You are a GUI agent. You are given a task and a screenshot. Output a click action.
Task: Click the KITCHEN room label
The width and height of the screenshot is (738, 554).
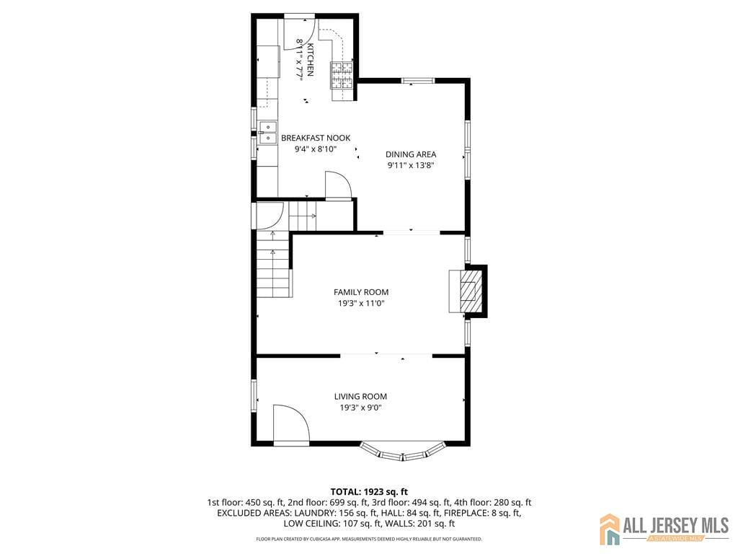click(311, 59)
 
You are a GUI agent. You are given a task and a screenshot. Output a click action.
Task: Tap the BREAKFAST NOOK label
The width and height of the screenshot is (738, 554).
click(316, 138)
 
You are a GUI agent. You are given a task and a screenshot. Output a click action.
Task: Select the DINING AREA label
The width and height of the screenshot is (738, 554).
click(411, 154)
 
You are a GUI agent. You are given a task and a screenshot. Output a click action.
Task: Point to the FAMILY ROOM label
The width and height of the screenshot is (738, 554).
click(361, 292)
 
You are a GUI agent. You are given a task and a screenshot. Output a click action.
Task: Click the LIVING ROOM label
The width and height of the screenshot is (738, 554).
click(360, 396)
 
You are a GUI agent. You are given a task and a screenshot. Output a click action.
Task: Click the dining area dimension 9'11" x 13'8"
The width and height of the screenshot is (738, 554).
click(411, 165)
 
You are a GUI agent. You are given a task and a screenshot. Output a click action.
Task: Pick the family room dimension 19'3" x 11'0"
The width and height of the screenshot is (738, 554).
click(361, 304)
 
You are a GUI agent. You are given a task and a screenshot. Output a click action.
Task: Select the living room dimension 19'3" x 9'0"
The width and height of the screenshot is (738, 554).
click(360, 408)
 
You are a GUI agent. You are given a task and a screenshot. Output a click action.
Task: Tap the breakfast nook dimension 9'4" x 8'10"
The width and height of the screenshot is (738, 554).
click(316, 149)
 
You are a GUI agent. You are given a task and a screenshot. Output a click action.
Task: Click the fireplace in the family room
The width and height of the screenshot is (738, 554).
click(468, 291)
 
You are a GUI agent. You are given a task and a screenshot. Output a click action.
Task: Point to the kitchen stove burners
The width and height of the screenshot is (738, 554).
click(342, 76)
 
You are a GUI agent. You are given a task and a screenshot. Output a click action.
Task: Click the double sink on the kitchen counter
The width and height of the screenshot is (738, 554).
click(268, 133)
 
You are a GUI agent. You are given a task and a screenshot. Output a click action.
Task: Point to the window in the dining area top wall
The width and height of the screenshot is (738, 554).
click(417, 81)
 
